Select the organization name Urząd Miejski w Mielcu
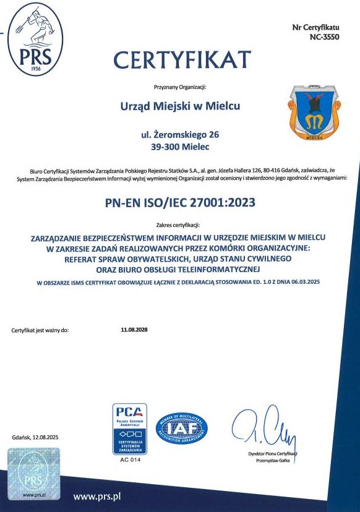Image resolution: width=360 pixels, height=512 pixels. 179,106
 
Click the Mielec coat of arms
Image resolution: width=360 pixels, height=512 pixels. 312,113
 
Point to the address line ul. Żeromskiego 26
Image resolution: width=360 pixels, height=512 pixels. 179,134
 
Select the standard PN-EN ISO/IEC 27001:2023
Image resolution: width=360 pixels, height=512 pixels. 179,201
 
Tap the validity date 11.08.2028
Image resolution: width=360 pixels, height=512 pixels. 134,330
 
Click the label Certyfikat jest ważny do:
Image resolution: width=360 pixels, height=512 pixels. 40,331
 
